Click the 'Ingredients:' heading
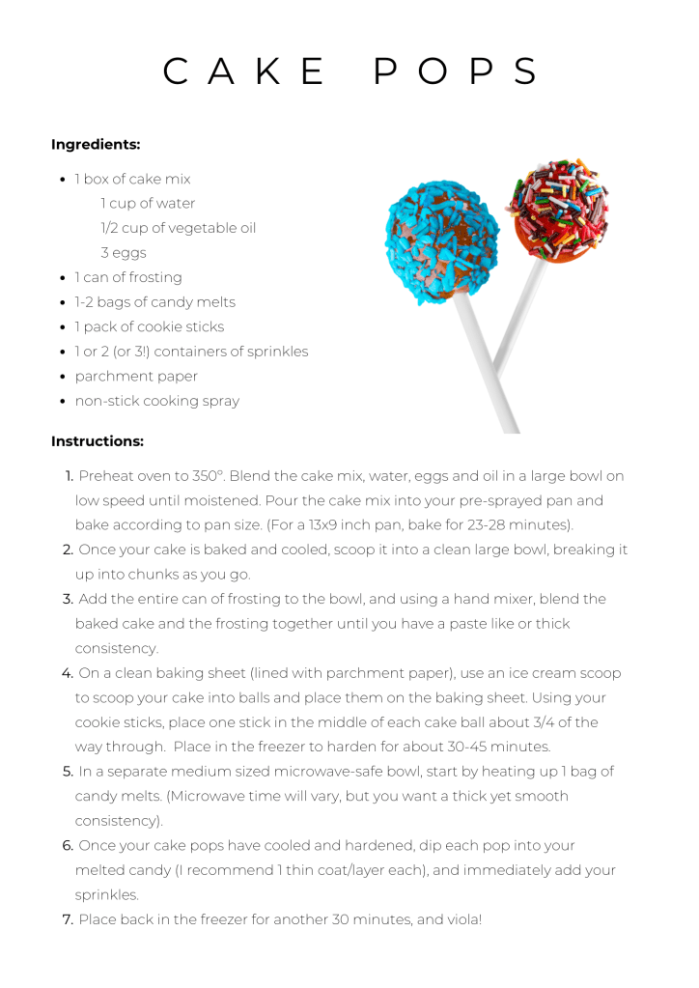click(96, 145)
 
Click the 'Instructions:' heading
click(98, 441)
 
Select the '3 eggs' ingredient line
click(124, 253)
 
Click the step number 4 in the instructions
click(68, 673)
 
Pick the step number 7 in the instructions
click(68, 919)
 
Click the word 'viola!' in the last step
click(461, 919)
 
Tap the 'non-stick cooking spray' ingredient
click(156, 401)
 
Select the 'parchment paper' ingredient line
click(136, 376)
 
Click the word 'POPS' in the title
click(456, 72)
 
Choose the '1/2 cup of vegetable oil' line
click(178, 228)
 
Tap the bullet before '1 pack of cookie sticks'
click(63, 327)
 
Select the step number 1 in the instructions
click(70, 476)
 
